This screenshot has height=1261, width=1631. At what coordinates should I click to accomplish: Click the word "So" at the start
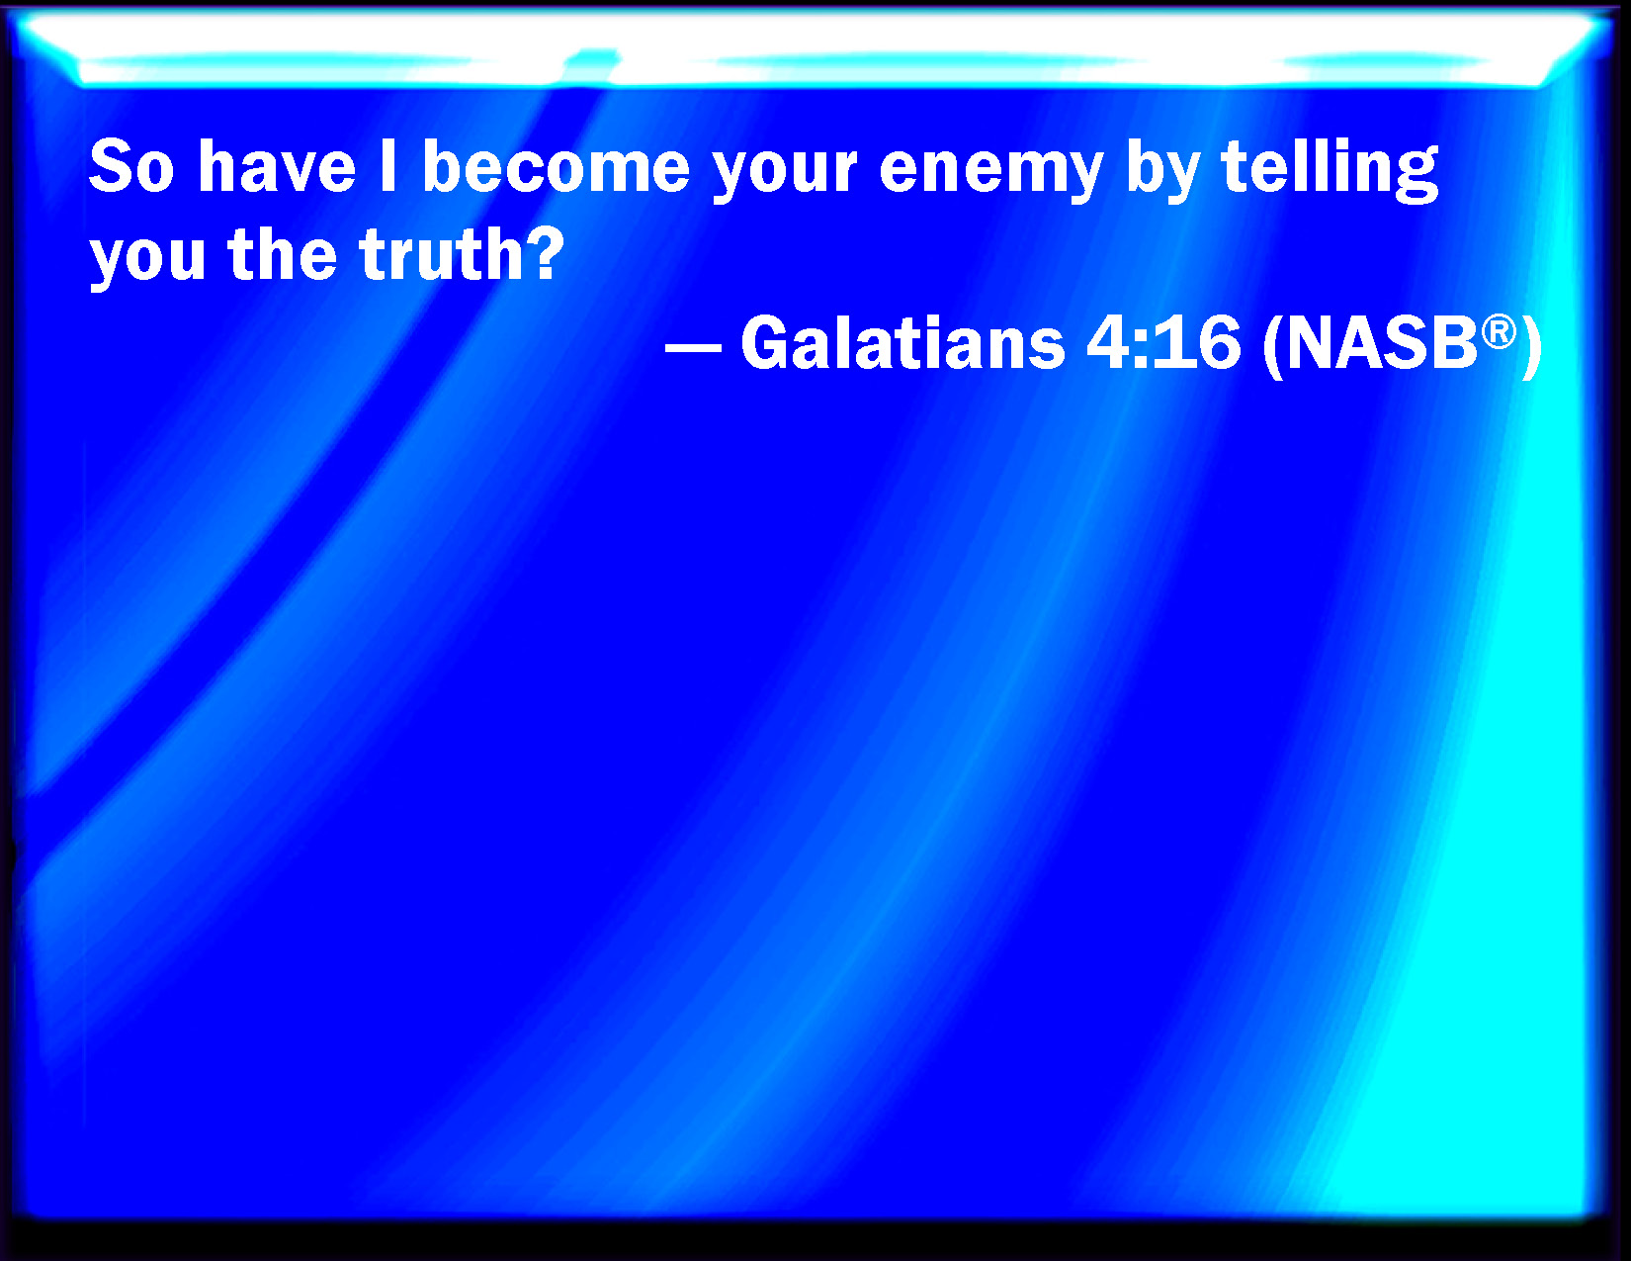click(132, 166)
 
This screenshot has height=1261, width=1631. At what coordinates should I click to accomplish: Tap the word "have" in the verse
click(277, 166)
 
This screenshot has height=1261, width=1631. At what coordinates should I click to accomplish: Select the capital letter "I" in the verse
click(388, 166)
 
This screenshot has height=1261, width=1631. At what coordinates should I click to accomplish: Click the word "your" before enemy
click(784, 174)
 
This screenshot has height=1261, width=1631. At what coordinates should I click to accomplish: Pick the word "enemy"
click(991, 174)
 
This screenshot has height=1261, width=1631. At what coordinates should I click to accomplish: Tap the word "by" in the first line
click(1162, 171)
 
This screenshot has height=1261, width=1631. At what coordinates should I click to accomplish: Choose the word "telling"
click(1330, 171)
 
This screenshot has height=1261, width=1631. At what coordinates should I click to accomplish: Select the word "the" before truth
click(283, 254)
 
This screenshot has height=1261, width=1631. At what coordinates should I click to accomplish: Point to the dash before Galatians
click(694, 349)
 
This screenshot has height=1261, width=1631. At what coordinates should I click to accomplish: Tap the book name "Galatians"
click(902, 343)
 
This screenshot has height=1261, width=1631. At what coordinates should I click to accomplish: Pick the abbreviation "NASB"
click(1382, 343)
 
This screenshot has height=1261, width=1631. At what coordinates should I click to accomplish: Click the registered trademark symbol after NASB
click(1499, 331)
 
